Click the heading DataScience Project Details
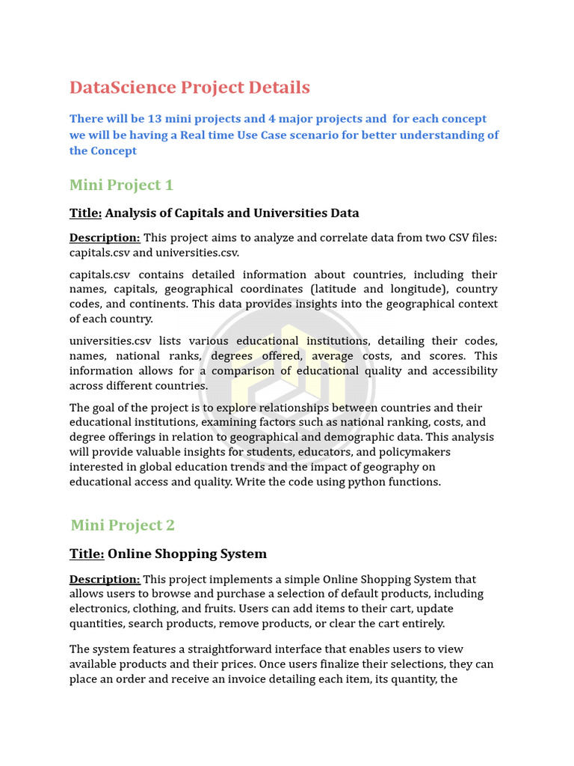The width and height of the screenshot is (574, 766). [189, 88]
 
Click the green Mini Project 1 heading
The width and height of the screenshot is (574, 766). [121, 185]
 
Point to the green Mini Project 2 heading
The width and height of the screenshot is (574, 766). [123, 525]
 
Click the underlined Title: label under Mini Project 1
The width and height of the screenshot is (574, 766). [85, 213]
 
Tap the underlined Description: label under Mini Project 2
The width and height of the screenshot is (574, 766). [105, 579]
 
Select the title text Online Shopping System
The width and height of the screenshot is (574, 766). [187, 554]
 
